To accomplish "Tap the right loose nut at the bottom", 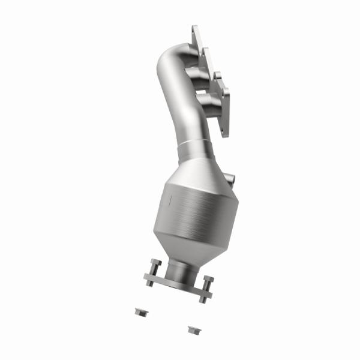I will (x=193, y=329).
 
